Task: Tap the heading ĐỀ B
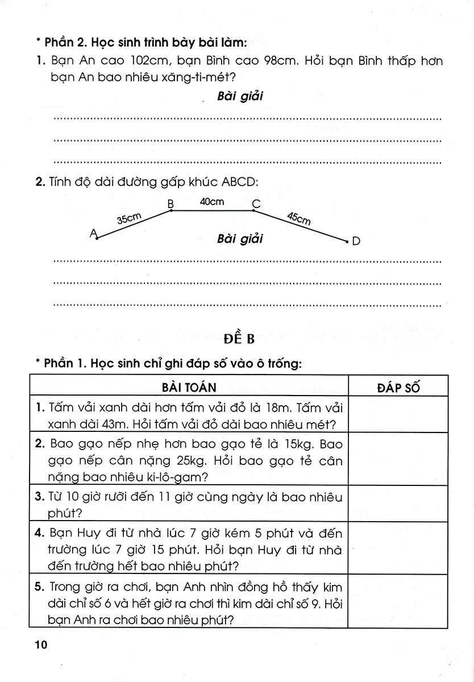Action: coord(238,340)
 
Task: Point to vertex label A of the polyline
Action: coord(93,233)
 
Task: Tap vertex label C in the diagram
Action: coord(256,203)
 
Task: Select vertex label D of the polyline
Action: coord(356,242)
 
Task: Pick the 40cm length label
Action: coord(211,201)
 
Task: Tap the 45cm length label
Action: coord(299,218)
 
